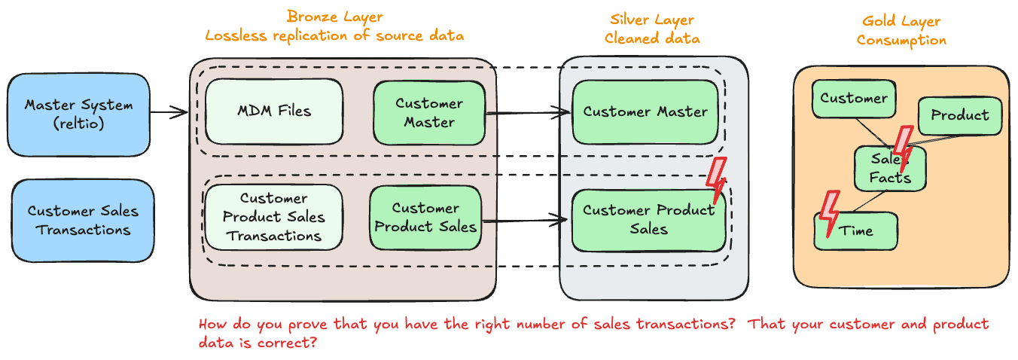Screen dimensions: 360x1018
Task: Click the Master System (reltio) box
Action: click(78, 114)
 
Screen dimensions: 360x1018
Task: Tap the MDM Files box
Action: click(274, 111)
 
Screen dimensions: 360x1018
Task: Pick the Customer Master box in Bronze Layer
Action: click(429, 112)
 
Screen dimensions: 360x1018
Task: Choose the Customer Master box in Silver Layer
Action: click(645, 112)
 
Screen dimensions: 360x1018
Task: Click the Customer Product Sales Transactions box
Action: click(274, 217)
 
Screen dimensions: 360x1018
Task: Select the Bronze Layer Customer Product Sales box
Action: click(425, 217)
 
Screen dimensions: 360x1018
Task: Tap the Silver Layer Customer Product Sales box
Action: click(648, 219)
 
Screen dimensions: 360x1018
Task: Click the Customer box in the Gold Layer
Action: click(853, 99)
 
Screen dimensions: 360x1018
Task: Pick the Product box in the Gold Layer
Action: click(959, 115)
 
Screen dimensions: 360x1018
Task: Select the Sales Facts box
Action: click(889, 169)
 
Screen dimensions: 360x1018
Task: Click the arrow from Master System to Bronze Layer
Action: click(169, 113)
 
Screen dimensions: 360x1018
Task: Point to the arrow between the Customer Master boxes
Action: click(528, 114)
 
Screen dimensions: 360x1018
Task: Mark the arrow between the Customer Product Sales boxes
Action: click(524, 221)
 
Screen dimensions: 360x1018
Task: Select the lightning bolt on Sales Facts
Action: click(903, 151)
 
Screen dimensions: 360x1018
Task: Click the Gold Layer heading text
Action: click(901, 31)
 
